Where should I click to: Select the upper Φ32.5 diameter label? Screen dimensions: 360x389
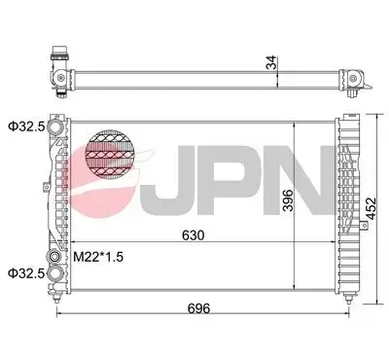(27, 126)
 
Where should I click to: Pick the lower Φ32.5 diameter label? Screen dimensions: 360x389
(27, 273)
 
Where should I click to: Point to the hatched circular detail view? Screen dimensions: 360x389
(110, 158)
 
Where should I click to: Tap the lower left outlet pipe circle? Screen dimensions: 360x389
(61, 272)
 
